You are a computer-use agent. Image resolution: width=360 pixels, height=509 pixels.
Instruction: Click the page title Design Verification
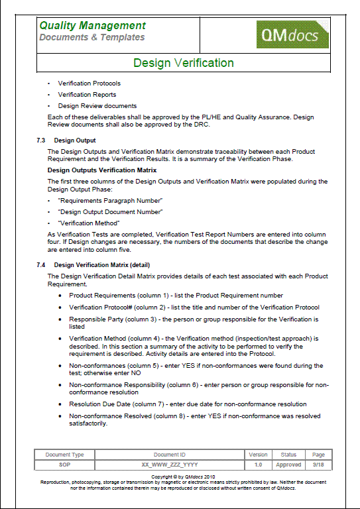coord(184,64)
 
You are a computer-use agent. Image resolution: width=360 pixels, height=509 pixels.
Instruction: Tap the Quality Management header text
coord(92,25)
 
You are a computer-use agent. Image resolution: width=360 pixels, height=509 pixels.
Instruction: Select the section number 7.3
coord(42,141)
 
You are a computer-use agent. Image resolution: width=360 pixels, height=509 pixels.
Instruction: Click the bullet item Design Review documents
coord(97,106)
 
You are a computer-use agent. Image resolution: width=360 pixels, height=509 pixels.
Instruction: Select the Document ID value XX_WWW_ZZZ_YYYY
coord(170,465)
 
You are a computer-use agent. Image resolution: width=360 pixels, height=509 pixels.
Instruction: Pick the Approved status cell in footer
coord(288,465)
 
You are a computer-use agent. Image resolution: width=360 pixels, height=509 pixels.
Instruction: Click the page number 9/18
coord(319,465)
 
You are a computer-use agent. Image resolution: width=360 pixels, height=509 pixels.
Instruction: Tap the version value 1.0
coord(259,465)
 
